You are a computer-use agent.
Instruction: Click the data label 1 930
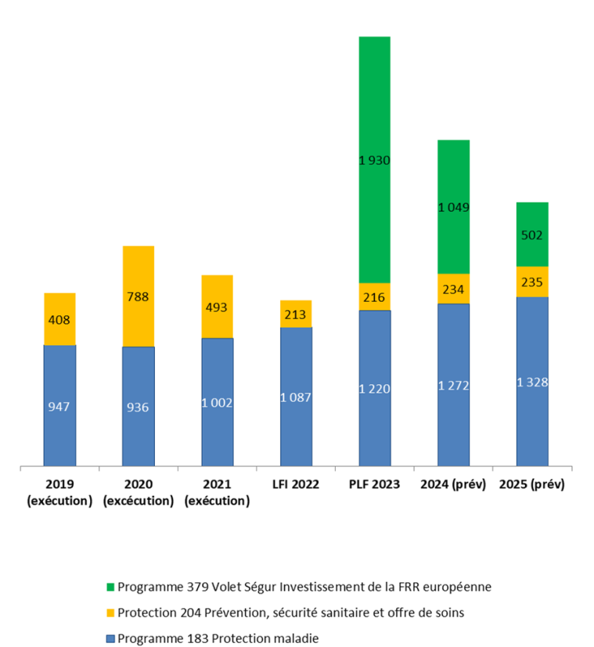374,160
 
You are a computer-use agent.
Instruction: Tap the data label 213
296,315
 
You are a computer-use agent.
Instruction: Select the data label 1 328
532,382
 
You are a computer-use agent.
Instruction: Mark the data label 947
59,407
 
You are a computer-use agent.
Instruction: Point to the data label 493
217,307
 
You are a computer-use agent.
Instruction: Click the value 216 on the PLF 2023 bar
374,297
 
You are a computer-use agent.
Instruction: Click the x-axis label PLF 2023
374,484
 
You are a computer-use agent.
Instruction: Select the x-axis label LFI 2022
296,484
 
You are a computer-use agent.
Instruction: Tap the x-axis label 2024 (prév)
453,484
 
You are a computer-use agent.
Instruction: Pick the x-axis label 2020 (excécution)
138,492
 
